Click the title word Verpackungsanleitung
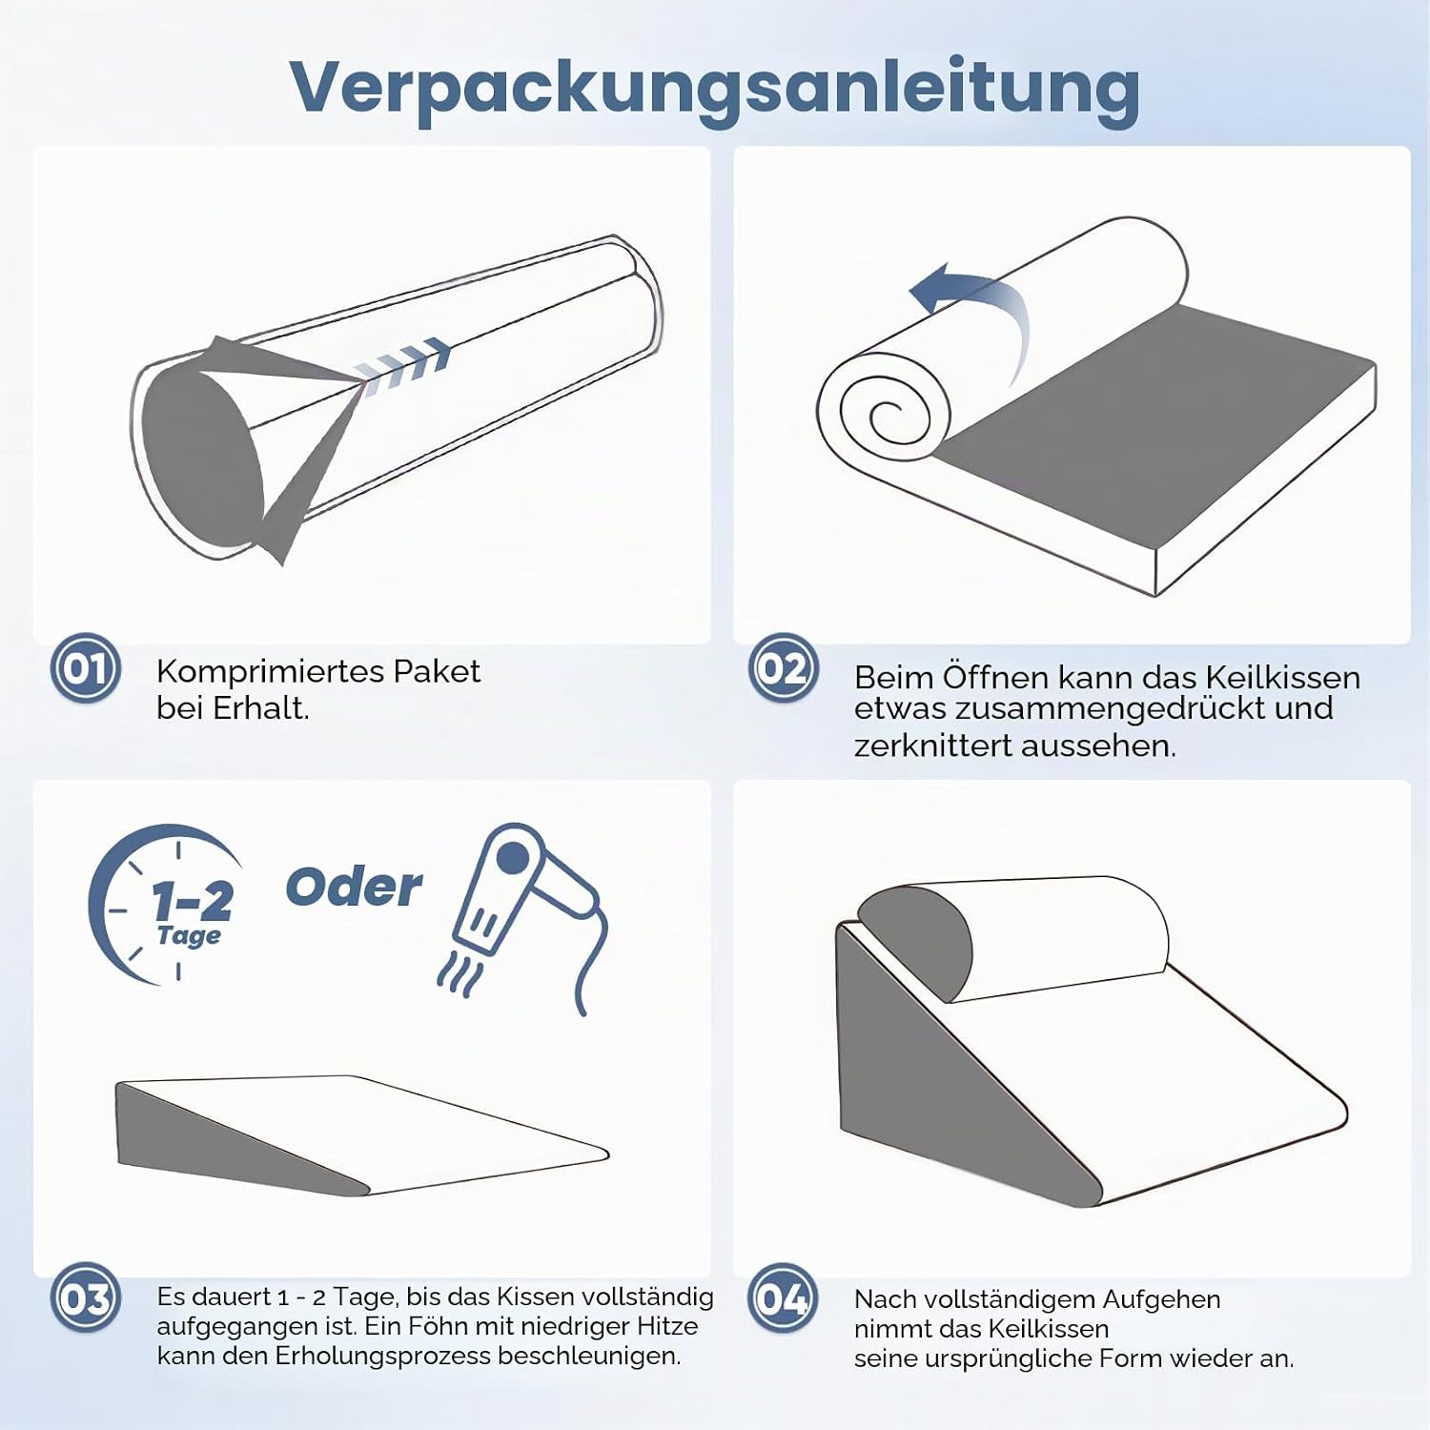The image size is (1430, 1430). pyautogui.click(x=715, y=88)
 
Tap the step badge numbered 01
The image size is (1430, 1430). pyautogui.click(x=86, y=668)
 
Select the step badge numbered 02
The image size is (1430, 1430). pyautogui.click(x=784, y=668)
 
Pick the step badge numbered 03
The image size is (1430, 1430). pyautogui.click(x=86, y=1298)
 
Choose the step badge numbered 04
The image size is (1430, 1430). pyautogui.click(x=784, y=1298)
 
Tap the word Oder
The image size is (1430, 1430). pyautogui.click(x=354, y=888)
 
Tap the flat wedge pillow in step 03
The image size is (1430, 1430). pyautogui.click(x=362, y=1134)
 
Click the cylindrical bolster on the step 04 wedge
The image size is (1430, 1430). pyautogui.click(x=1013, y=939)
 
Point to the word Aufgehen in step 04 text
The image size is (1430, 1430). pyautogui.click(x=1161, y=1300)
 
